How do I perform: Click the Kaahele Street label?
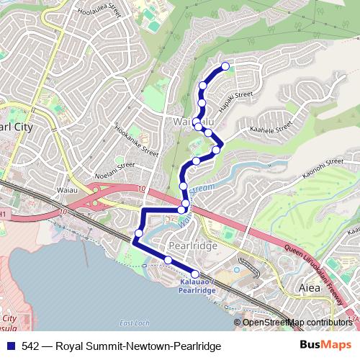270,128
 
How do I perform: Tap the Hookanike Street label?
136,141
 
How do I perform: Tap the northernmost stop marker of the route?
225,66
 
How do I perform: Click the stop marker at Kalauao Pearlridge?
194,274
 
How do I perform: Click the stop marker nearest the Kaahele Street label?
216,150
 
